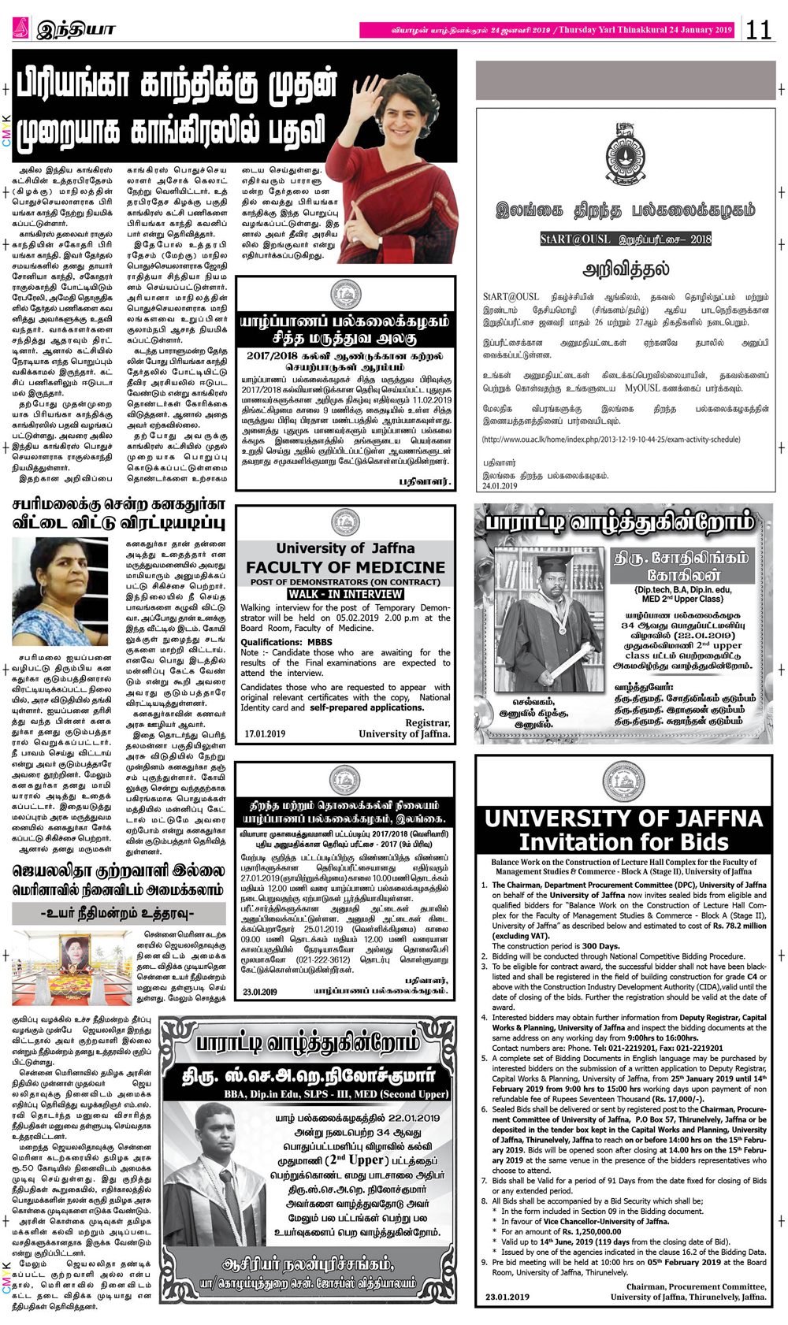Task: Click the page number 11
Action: [758, 30]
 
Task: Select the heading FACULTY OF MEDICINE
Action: [345, 567]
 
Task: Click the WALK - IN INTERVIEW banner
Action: [345, 594]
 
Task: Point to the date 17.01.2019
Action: [265, 734]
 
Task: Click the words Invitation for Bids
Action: [623, 842]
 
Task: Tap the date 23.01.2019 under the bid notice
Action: [507, 1297]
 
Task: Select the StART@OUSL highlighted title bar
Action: [625, 239]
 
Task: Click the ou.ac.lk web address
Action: [611, 440]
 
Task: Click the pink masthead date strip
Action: [547, 30]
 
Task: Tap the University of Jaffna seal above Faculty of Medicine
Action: [345, 521]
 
